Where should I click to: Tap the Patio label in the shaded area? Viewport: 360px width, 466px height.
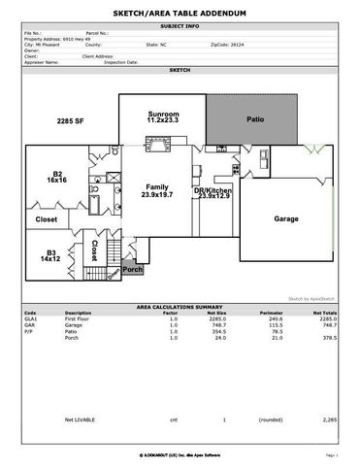coord(255,119)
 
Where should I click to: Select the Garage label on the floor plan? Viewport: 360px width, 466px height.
coord(285,218)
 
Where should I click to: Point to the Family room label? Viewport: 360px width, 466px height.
coord(158,189)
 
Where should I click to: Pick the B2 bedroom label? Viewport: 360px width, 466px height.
coord(57,177)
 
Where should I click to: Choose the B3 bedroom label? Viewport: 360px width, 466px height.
coord(50,256)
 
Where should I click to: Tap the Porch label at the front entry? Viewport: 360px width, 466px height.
coord(132,269)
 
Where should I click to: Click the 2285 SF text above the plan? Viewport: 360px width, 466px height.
coord(72,122)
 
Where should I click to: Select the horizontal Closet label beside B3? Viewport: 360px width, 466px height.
coord(46,220)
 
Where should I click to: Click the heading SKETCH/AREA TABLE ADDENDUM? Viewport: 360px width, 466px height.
coord(179,12)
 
